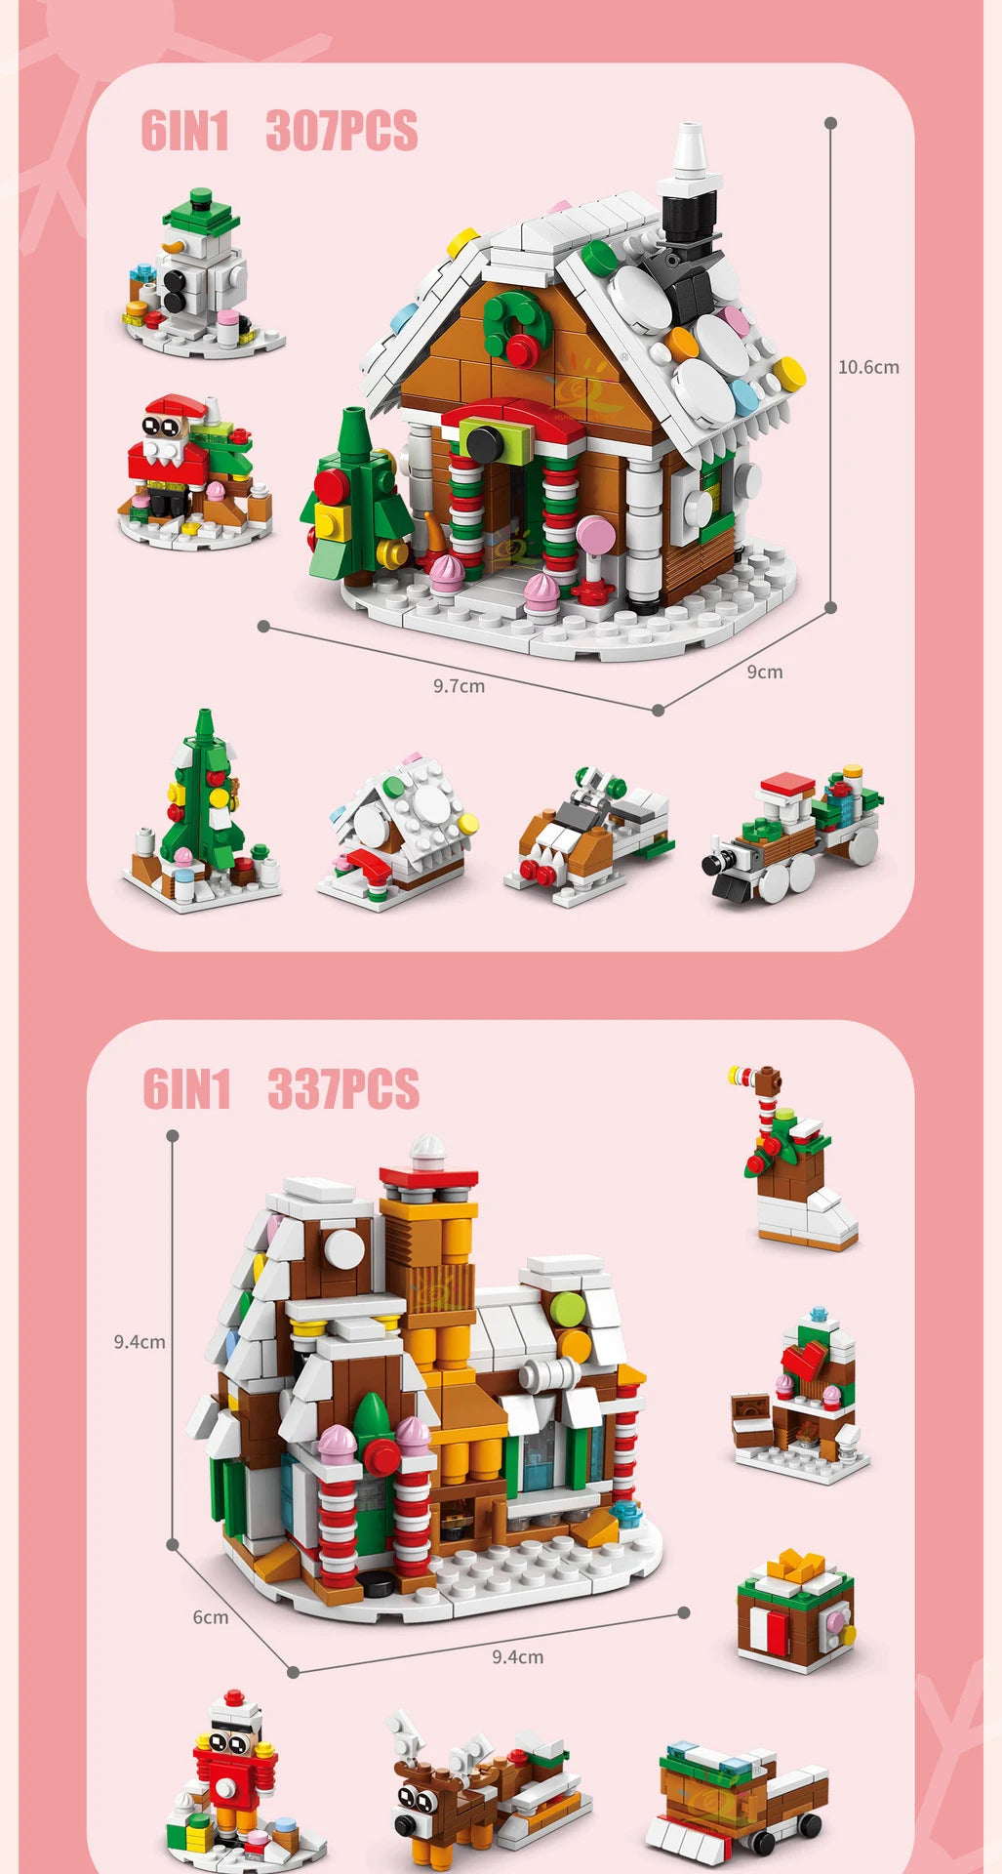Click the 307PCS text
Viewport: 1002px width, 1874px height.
point(341,131)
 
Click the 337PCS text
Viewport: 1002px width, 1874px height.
point(343,1089)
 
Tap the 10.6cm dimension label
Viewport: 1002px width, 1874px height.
point(868,367)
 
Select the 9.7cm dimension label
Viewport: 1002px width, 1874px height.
point(459,686)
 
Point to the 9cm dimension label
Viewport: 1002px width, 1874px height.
point(765,672)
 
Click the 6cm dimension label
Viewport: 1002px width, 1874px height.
point(210,1616)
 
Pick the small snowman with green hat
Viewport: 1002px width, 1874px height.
point(200,273)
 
